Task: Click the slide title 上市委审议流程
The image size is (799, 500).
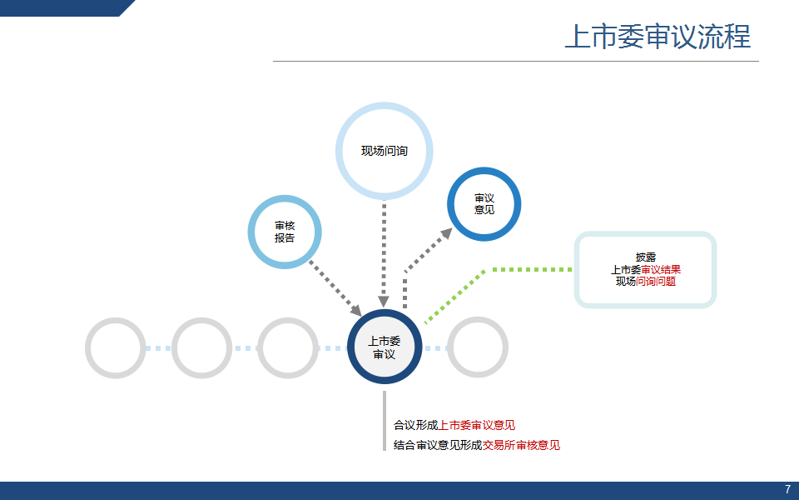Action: coord(658,37)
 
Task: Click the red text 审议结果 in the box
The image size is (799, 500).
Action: coord(661,269)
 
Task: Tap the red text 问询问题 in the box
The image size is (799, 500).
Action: coord(656,282)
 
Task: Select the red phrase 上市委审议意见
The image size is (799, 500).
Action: coord(477,425)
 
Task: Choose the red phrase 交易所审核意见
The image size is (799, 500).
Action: coord(521,445)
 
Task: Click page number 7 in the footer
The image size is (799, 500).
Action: coord(788,490)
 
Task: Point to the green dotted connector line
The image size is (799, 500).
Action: coord(484,270)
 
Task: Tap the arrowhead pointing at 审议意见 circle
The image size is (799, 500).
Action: coord(447,233)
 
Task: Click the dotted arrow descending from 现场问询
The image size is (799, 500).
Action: coord(385,253)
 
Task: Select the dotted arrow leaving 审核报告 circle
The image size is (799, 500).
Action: coord(335,288)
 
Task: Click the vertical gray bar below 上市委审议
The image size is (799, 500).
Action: coord(385,421)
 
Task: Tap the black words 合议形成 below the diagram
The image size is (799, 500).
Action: coord(416,425)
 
